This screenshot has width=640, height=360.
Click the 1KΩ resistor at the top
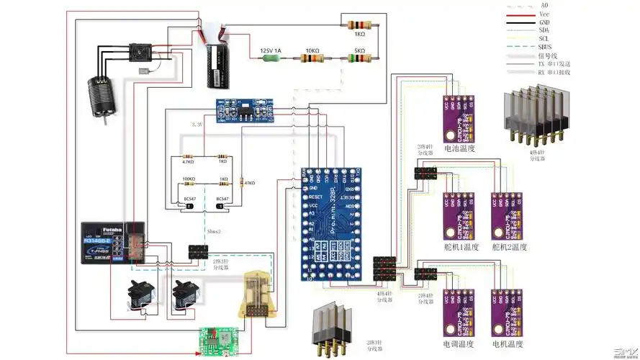tap(358, 24)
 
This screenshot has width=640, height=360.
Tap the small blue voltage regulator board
tap(247, 110)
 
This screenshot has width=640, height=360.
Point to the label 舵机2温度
tap(510, 247)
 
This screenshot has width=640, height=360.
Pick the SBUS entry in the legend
tap(545, 48)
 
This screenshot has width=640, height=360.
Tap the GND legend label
tap(544, 22)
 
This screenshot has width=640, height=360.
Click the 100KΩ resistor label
tap(189, 179)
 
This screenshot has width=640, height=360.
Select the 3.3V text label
tap(197, 125)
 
